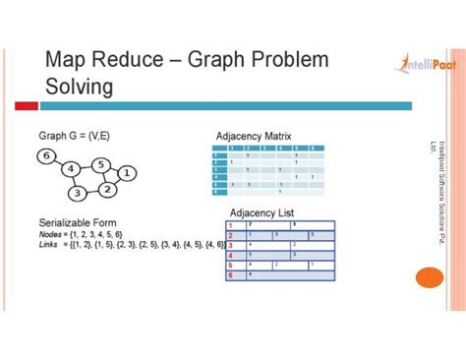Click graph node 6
click(45, 155)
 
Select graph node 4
click(70, 169)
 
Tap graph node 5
click(101, 164)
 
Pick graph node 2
click(108, 188)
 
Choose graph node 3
click(76, 193)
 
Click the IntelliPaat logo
click(417, 62)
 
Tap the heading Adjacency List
click(262, 212)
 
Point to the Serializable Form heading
click(79, 222)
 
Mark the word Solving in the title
click(79, 88)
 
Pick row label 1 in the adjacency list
click(230, 225)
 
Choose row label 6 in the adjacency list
click(230, 276)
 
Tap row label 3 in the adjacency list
click(230, 246)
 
